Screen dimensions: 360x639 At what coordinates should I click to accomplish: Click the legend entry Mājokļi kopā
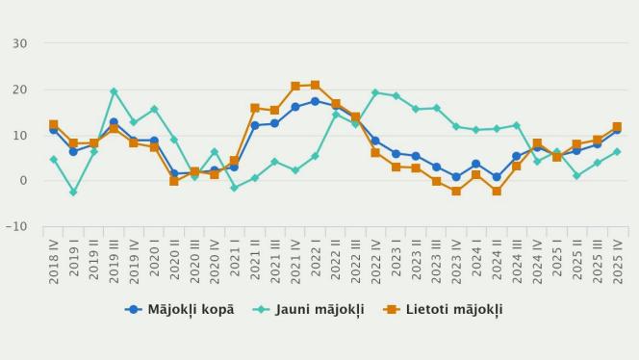coord(179,310)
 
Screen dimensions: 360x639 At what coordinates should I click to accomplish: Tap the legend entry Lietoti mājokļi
coord(443,310)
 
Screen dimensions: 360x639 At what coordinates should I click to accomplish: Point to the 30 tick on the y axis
coord(20,43)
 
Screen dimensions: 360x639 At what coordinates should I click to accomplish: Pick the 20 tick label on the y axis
coord(20,90)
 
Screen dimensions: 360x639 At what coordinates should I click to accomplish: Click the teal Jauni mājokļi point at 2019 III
coord(114,91)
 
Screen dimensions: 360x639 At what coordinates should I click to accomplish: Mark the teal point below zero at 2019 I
coord(73,193)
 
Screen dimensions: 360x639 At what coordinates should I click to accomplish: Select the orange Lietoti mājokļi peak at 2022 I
coord(315,85)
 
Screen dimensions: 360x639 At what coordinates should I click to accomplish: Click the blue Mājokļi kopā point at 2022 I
coord(315,101)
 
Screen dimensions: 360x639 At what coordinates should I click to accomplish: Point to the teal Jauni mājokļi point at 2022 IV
coord(375,92)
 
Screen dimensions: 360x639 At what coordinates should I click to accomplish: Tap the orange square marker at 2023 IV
coord(456,192)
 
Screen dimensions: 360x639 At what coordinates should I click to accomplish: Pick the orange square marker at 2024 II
coord(497,192)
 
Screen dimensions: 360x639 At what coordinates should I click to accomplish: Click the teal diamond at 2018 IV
coord(54,160)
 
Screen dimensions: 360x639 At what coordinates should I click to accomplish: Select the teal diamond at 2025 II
coord(576,176)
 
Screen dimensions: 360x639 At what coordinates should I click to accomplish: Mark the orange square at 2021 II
coord(255,108)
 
